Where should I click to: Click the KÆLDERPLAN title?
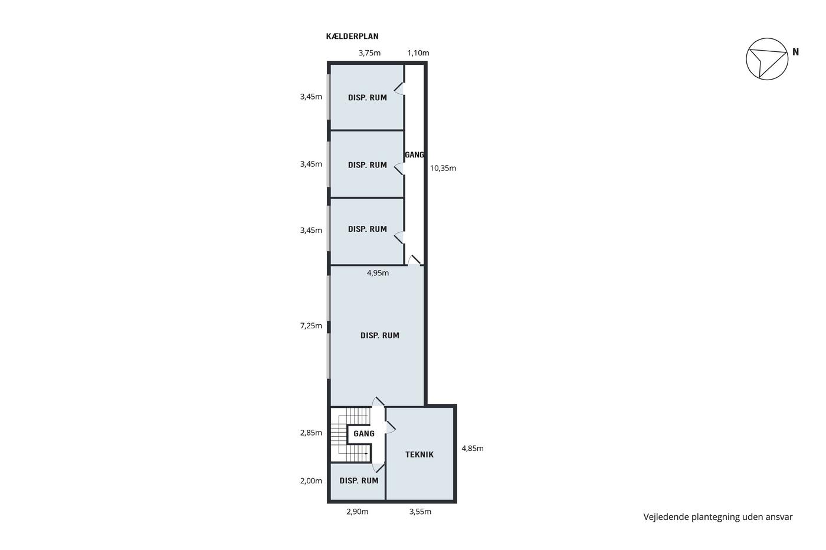tap(352, 36)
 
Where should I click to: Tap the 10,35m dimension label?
tap(443, 169)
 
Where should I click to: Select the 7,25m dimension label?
tap(311, 325)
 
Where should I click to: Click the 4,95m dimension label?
tap(378, 273)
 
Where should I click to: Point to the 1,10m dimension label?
tap(418, 53)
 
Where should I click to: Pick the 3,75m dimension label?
tap(369, 53)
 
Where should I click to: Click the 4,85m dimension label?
tap(473, 449)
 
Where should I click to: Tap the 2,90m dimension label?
tap(358, 512)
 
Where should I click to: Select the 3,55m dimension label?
tap(420, 512)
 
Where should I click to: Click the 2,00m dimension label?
tap(311, 481)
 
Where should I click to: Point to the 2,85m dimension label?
tap(311, 433)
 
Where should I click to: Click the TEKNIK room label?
tap(419, 455)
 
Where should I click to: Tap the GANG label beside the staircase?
tap(364, 434)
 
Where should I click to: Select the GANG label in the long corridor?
tap(414, 154)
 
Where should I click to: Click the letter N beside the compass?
tap(796, 52)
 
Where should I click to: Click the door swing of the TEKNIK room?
tap(391, 427)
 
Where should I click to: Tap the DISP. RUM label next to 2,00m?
tap(359, 481)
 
